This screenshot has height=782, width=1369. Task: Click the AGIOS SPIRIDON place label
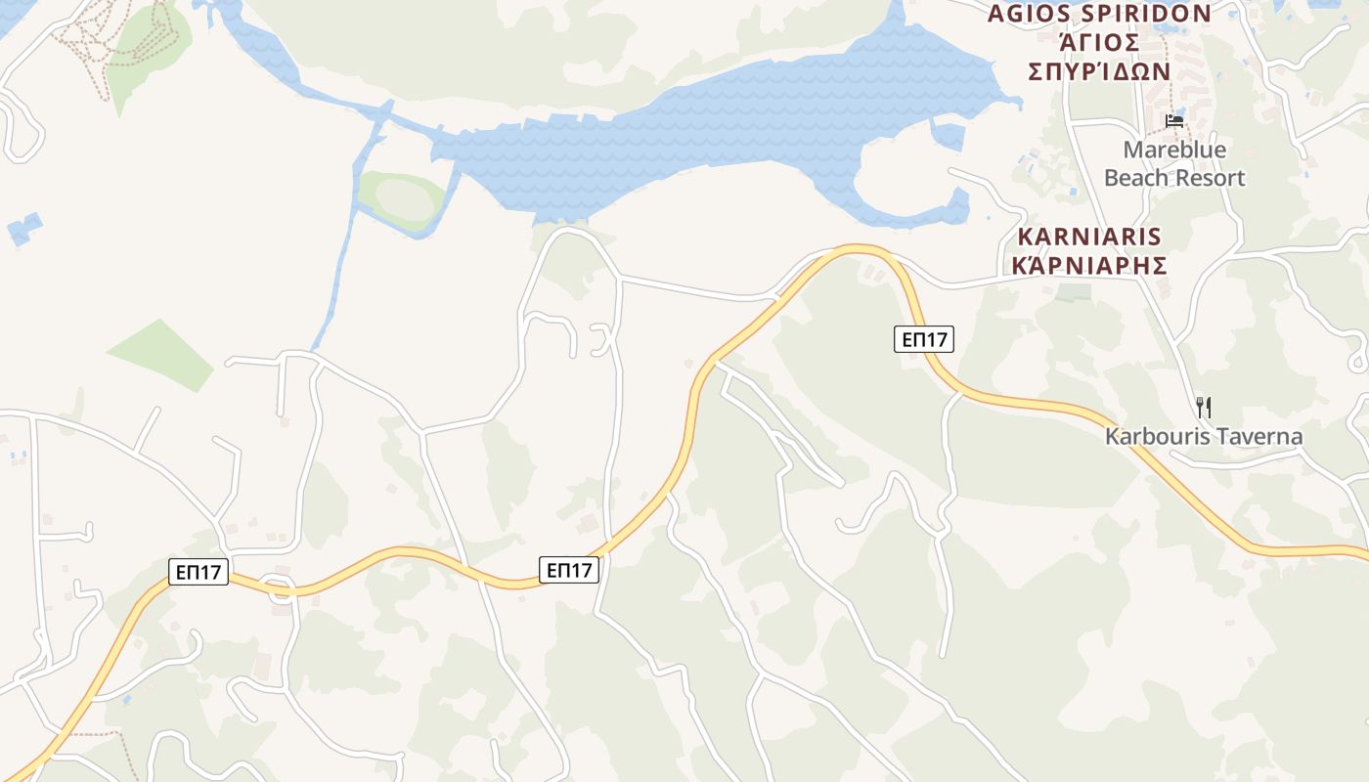(1099, 14)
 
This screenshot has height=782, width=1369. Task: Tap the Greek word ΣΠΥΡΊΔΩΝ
(1099, 71)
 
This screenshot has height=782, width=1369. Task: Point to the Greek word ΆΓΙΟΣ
(1099, 43)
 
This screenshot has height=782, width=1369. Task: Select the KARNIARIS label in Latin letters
(1089, 237)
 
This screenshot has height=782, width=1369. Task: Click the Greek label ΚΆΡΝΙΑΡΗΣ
(1089, 266)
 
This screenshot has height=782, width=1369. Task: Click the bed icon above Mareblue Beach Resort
(1174, 121)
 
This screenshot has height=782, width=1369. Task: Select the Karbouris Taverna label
(1204, 436)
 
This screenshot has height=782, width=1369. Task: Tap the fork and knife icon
(1204, 408)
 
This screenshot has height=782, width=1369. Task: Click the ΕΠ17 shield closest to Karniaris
(923, 339)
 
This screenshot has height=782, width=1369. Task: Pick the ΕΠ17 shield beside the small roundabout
(199, 572)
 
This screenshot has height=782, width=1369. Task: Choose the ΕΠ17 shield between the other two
(569, 570)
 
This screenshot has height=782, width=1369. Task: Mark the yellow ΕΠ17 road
(684, 450)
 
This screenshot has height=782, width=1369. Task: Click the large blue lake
(684, 137)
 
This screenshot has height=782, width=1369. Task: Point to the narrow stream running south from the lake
(337, 274)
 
